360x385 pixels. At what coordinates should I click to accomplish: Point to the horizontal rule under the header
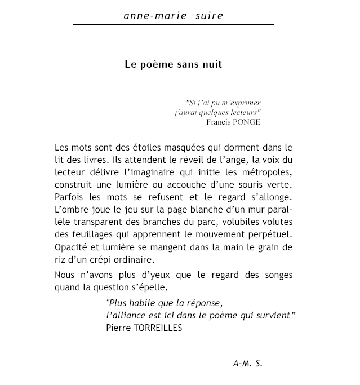(173, 24)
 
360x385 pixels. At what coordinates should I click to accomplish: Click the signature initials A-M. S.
(247, 364)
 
